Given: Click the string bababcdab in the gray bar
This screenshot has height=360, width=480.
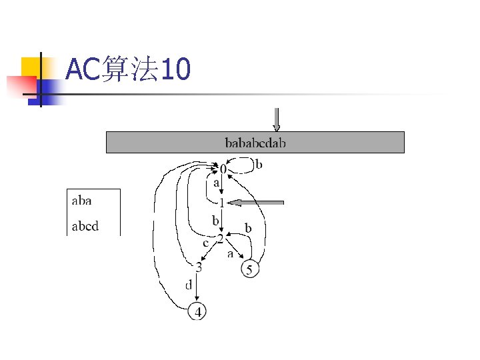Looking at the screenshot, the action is [255, 142].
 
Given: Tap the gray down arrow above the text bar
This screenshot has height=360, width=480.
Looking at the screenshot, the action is [277, 120].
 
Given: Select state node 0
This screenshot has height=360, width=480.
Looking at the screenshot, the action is [223, 171].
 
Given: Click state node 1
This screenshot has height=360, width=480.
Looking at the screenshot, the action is [221, 203].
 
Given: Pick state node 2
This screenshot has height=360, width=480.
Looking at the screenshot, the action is [220, 238].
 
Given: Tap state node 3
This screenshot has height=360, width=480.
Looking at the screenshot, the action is [198, 267].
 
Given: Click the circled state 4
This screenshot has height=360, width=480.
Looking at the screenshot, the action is [198, 311].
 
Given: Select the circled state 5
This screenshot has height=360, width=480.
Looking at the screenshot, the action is [249, 270].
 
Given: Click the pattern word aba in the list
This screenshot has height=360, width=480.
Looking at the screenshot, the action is [81, 200].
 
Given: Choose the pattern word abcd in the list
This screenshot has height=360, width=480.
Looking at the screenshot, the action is [85, 226].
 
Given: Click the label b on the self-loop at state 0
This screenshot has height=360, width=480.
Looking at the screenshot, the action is [259, 164].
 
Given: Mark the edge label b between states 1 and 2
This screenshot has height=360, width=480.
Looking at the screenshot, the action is [215, 219].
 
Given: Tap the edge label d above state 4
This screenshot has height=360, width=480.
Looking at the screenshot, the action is [189, 285].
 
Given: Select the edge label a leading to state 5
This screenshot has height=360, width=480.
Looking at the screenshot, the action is [231, 254].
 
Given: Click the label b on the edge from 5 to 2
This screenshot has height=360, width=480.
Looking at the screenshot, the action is [249, 228].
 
